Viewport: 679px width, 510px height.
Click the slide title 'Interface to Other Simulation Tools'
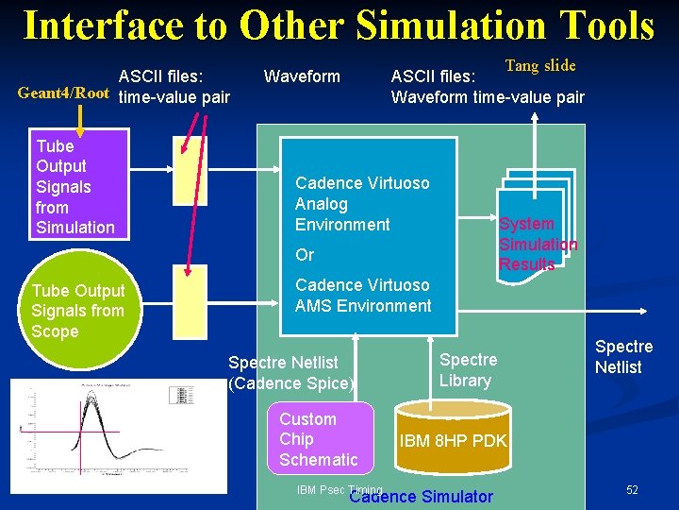click(339, 25)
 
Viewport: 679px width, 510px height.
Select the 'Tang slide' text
click(539, 66)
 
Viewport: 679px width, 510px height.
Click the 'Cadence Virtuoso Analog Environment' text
click(361, 204)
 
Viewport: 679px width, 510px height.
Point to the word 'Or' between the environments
click(305, 255)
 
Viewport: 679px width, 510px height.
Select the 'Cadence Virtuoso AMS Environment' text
click(363, 296)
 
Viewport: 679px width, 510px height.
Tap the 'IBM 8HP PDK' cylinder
click(453, 439)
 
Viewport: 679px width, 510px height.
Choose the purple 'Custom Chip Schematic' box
click(319, 439)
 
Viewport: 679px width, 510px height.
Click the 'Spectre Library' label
click(468, 370)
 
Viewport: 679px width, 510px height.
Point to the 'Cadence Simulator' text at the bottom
click(421, 497)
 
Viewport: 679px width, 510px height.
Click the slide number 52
click(632, 490)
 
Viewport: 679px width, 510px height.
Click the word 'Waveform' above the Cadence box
click(302, 76)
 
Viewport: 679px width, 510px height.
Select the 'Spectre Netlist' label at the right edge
click(622, 357)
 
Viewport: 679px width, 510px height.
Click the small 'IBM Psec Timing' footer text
click(339, 490)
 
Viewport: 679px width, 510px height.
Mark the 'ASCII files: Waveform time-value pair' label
click(488, 87)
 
